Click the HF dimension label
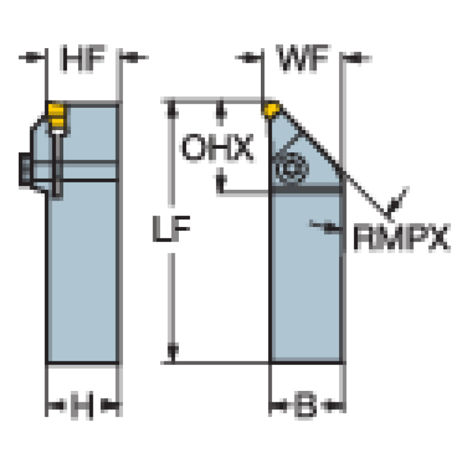83,58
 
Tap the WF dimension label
302,58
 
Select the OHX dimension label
217,148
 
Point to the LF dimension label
171,229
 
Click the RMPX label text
402,237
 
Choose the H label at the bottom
82,405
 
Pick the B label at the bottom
306,405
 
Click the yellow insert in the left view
56,116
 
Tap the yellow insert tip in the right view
271,109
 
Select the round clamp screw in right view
291,168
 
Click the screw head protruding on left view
25,169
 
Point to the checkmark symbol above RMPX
396,204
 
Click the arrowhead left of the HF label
33,57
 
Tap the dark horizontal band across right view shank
307,189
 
